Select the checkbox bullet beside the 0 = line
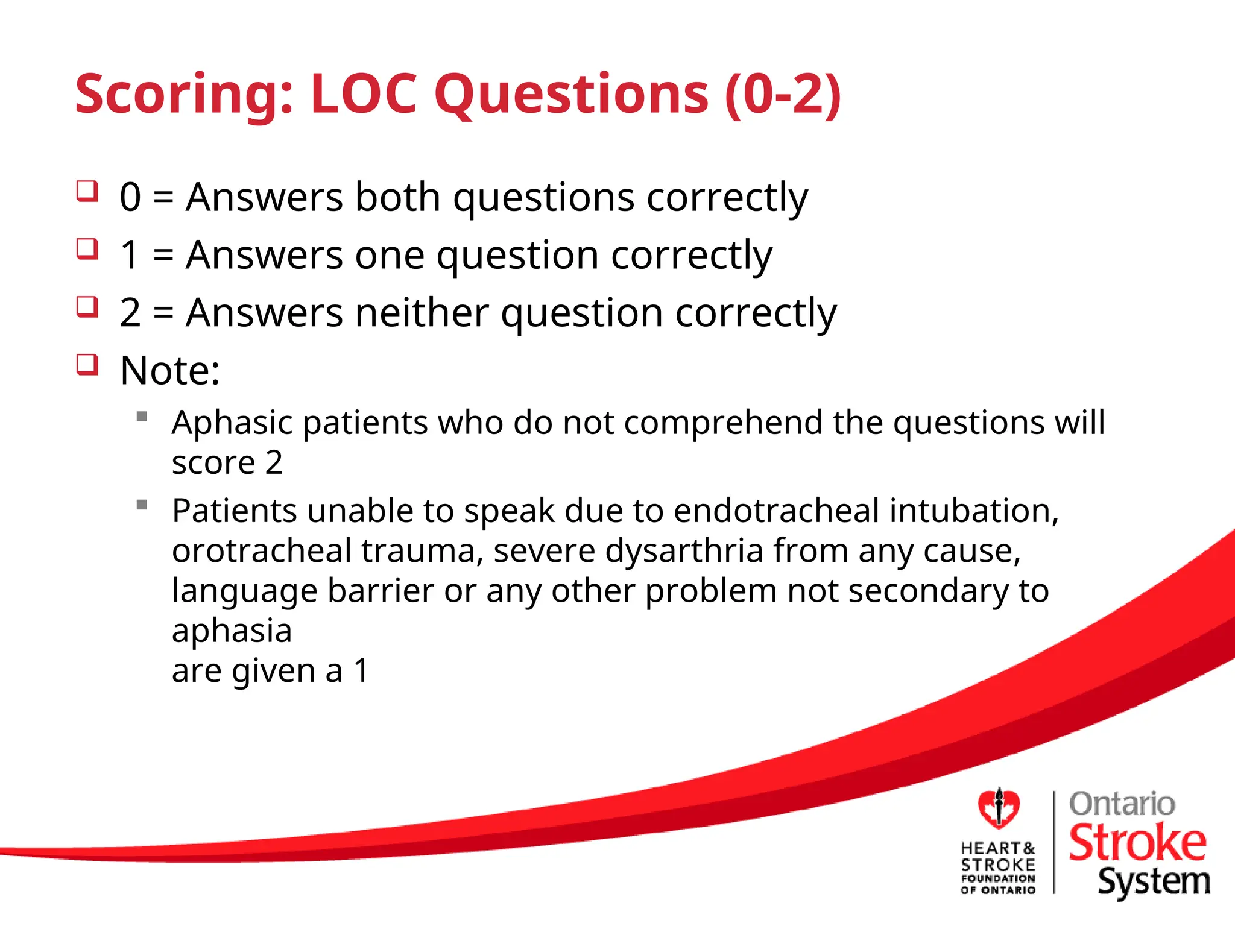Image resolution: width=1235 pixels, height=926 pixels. click(x=87, y=192)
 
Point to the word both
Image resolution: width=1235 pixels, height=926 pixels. click(x=397, y=197)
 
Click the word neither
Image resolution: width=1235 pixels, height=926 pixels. click(x=422, y=313)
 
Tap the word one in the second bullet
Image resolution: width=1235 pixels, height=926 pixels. click(x=390, y=255)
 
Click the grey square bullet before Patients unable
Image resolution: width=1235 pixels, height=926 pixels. click(x=142, y=505)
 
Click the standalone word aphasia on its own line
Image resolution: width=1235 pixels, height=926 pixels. click(x=232, y=631)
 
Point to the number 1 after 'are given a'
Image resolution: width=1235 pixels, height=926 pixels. click(x=361, y=670)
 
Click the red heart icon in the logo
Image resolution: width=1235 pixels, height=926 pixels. click(x=999, y=808)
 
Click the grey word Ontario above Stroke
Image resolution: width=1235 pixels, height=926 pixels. click(x=1122, y=804)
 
